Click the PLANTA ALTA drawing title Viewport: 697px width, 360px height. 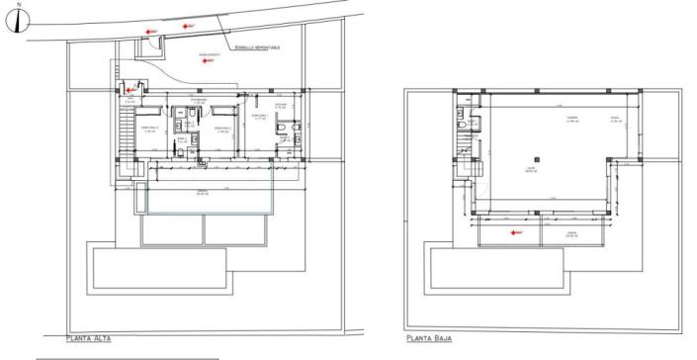(89, 337)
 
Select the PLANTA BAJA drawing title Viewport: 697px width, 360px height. (429, 337)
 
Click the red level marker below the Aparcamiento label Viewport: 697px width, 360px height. (204, 62)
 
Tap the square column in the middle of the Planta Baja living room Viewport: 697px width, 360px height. (534, 156)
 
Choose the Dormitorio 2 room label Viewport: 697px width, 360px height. (223, 128)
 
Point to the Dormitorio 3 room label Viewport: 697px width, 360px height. (148, 128)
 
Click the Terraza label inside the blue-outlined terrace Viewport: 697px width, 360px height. (202, 192)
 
